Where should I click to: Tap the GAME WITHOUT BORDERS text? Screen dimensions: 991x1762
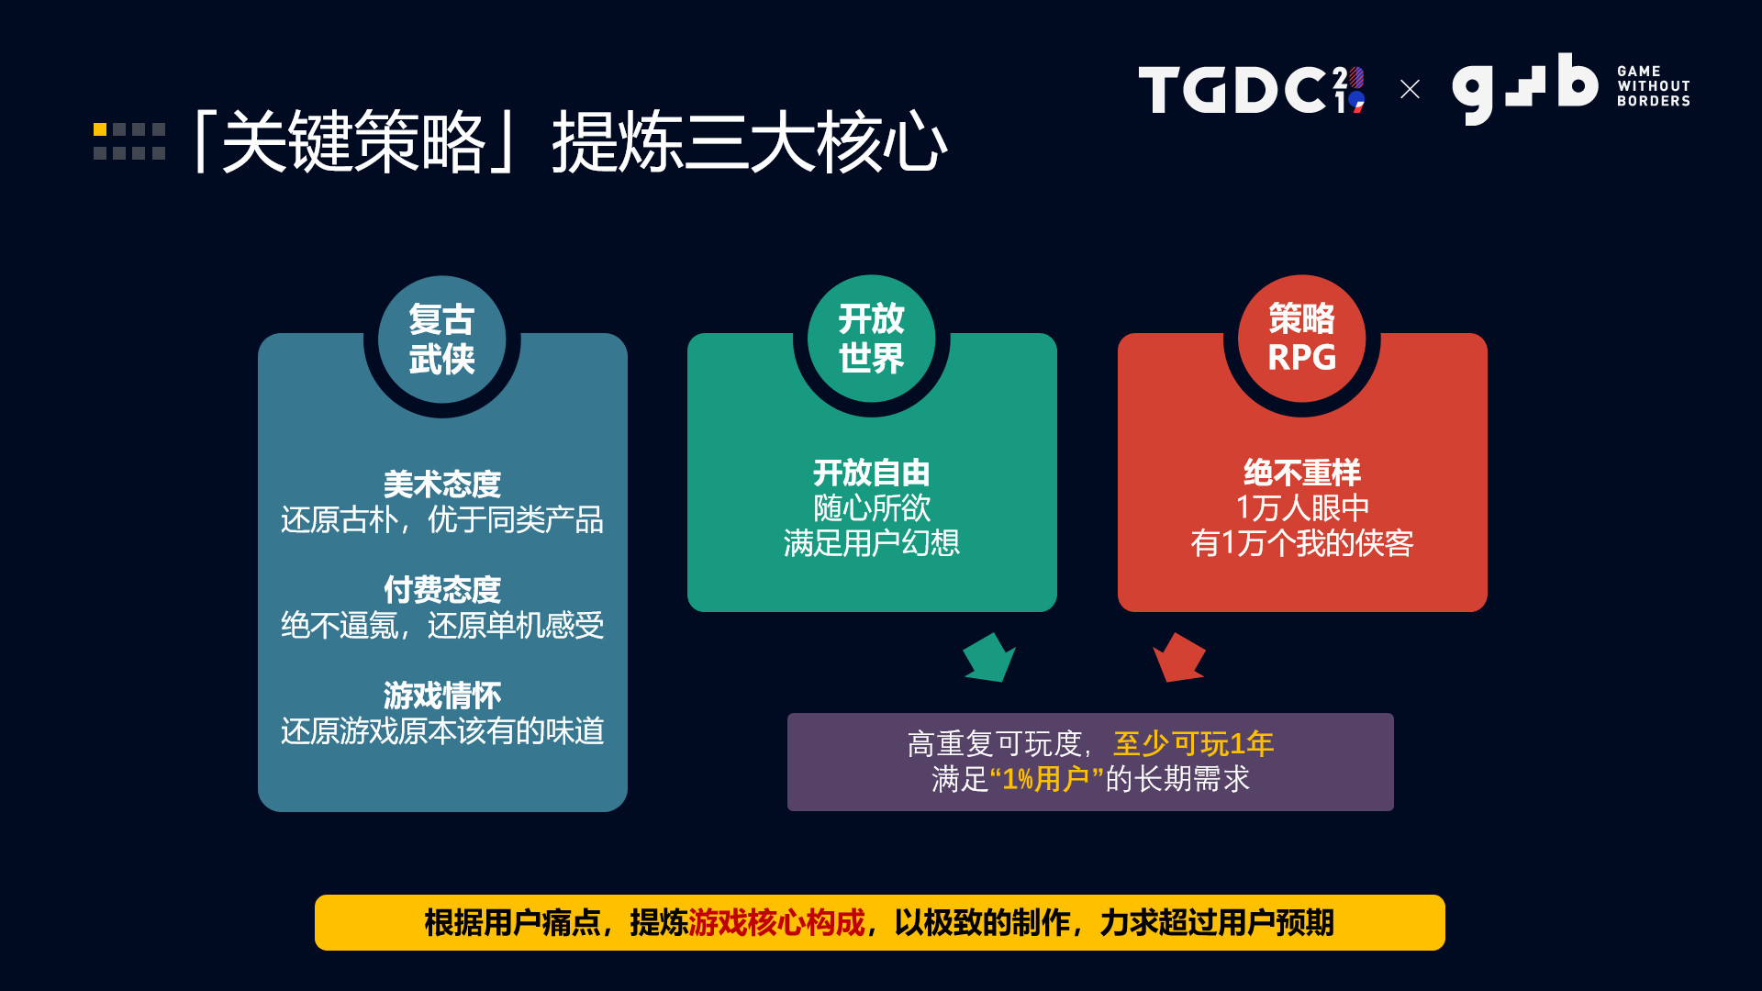click(1653, 86)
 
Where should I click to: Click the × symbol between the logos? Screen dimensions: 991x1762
click(1410, 89)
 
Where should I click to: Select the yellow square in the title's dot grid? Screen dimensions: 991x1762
click(100, 129)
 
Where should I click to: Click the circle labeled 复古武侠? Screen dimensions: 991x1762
click(441, 340)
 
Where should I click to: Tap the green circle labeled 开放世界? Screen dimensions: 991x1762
click(871, 339)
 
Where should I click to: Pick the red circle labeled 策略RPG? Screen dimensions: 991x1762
click(1301, 339)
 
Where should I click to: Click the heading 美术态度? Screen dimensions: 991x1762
click(441, 484)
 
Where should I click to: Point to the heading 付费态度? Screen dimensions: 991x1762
click(441, 589)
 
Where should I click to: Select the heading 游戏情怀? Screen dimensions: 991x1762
click(441, 695)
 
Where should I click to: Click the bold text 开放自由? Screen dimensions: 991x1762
click(871, 473)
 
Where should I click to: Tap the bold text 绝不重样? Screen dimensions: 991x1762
click(1301, 473)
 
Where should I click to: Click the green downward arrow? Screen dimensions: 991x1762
click(988, 658)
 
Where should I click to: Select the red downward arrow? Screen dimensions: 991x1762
click(1178, 658)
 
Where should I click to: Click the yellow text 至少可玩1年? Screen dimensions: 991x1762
click(1193, 743)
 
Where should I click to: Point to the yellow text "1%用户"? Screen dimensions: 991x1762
click(1046, 779)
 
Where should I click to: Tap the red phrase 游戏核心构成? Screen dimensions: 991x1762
click(776, 922)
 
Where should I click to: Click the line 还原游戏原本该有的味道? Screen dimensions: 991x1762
click(441, 731)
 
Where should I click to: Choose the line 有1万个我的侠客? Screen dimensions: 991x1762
click(1301, 543)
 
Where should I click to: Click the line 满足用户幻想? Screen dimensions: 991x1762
click(871, 543)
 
